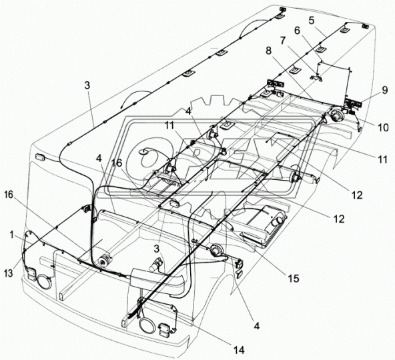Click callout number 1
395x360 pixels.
[12, 235]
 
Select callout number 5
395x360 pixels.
[312, 21]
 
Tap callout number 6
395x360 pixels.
[298, 31]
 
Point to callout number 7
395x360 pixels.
[283, 41]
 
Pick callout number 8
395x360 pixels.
[269, 51]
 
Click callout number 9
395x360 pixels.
[384, 90]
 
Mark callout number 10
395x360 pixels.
[383, 128]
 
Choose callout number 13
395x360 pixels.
[9, 273]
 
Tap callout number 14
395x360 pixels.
[239, 350]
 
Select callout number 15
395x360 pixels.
[294, 279]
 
